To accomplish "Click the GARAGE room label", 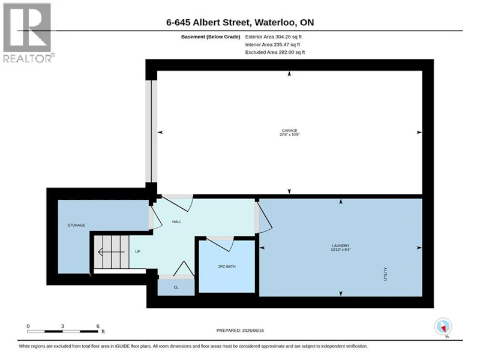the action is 289,130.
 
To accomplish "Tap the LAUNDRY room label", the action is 340,245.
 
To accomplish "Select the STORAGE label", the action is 76,226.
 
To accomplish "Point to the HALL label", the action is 176,221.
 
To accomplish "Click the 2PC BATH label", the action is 227,266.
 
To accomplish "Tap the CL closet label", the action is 176,287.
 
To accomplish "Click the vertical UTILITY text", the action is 385,274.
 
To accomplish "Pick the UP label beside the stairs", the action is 138,251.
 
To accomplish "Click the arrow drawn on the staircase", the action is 111,252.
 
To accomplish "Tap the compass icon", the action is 443,327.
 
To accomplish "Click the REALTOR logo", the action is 29,33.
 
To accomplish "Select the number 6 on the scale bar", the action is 98,326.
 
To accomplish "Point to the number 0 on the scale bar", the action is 28,326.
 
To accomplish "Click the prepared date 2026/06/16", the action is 253,331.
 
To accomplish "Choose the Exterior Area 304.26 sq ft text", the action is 274,37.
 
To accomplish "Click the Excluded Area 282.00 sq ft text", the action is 275,52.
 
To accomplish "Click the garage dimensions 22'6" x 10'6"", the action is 289,134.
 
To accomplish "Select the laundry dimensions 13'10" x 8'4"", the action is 340,250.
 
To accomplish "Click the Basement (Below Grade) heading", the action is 211,37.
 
